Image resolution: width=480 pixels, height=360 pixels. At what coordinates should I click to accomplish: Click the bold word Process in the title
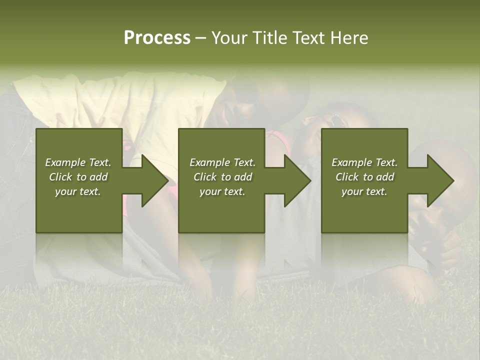157,38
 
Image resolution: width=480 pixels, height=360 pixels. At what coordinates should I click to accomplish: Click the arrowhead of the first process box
153,180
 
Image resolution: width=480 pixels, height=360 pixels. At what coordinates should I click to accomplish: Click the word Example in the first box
65,162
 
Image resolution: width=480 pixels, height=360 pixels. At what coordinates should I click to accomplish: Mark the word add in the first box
98,177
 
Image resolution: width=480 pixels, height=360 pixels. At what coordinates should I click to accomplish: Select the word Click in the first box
61,177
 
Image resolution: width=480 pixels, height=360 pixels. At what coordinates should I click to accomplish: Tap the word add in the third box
385,177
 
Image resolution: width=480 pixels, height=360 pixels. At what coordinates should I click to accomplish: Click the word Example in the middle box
210,162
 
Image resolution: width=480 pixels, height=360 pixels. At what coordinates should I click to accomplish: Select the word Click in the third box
347,177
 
